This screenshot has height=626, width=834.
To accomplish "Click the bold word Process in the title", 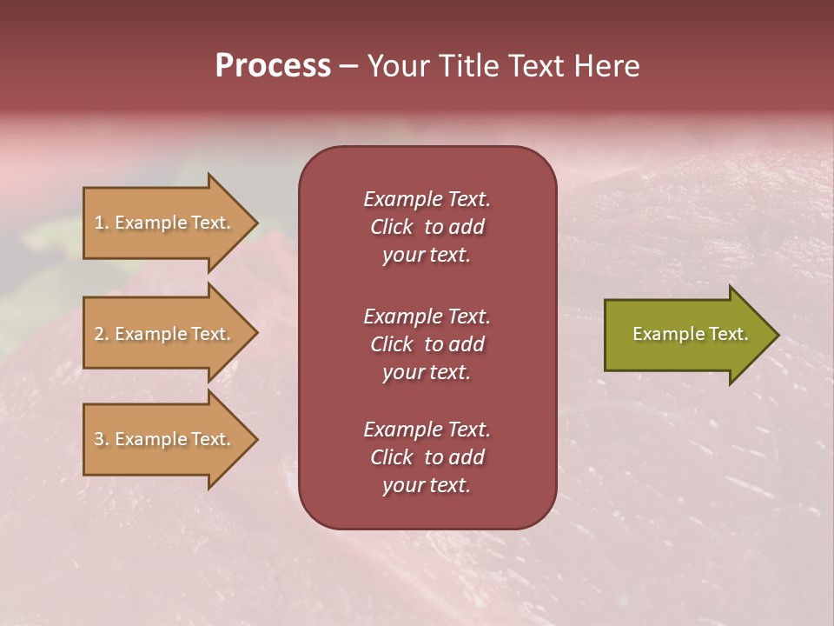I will tap(273, 66).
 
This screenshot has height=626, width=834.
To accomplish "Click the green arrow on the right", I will tap(686, 334).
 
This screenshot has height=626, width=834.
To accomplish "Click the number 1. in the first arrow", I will tap(102, 223).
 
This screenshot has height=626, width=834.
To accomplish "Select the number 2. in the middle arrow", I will tap(102, 334).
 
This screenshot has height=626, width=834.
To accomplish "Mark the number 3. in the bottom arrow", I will tap(102, 439).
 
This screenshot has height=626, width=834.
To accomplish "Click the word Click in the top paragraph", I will tap(391, 227).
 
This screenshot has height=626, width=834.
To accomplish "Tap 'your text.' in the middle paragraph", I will tap(427, 372).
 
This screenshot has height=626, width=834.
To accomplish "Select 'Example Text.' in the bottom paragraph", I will tap(427, 430).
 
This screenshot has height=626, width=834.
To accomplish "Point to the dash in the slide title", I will tap(348, 66).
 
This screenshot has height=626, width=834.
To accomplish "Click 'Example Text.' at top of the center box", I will tap(427, 199).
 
